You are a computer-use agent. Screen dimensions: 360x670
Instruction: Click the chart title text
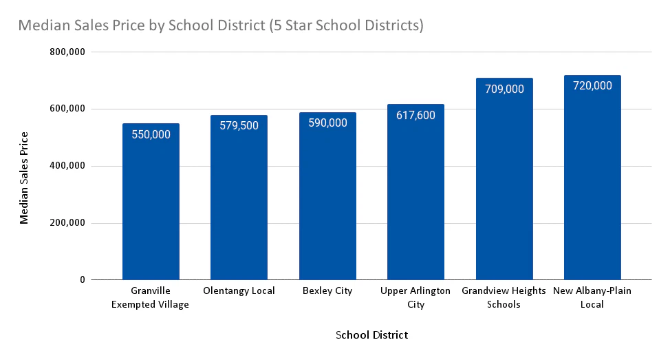[220, 26]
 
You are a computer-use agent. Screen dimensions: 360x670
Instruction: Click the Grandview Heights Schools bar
[504, 207]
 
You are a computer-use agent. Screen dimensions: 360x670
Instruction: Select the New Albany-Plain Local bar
[592, 207]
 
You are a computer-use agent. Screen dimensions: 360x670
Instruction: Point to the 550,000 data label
[151, 134]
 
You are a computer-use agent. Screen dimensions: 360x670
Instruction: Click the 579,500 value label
[239, 126]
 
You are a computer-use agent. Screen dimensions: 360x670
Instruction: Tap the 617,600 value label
[415, 115]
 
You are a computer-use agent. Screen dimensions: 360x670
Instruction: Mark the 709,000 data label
[504, 89]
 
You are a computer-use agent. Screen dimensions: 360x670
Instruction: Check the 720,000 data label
[592, 86]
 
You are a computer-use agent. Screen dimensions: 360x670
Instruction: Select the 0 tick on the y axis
[81, 280]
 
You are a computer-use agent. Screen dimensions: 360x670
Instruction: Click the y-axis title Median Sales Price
[25, 177]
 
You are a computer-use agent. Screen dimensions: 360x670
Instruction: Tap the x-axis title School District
[371, 335]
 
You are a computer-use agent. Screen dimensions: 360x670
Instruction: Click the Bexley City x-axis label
[327, 291]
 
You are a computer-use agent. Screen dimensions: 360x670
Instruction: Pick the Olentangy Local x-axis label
[239, 291]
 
